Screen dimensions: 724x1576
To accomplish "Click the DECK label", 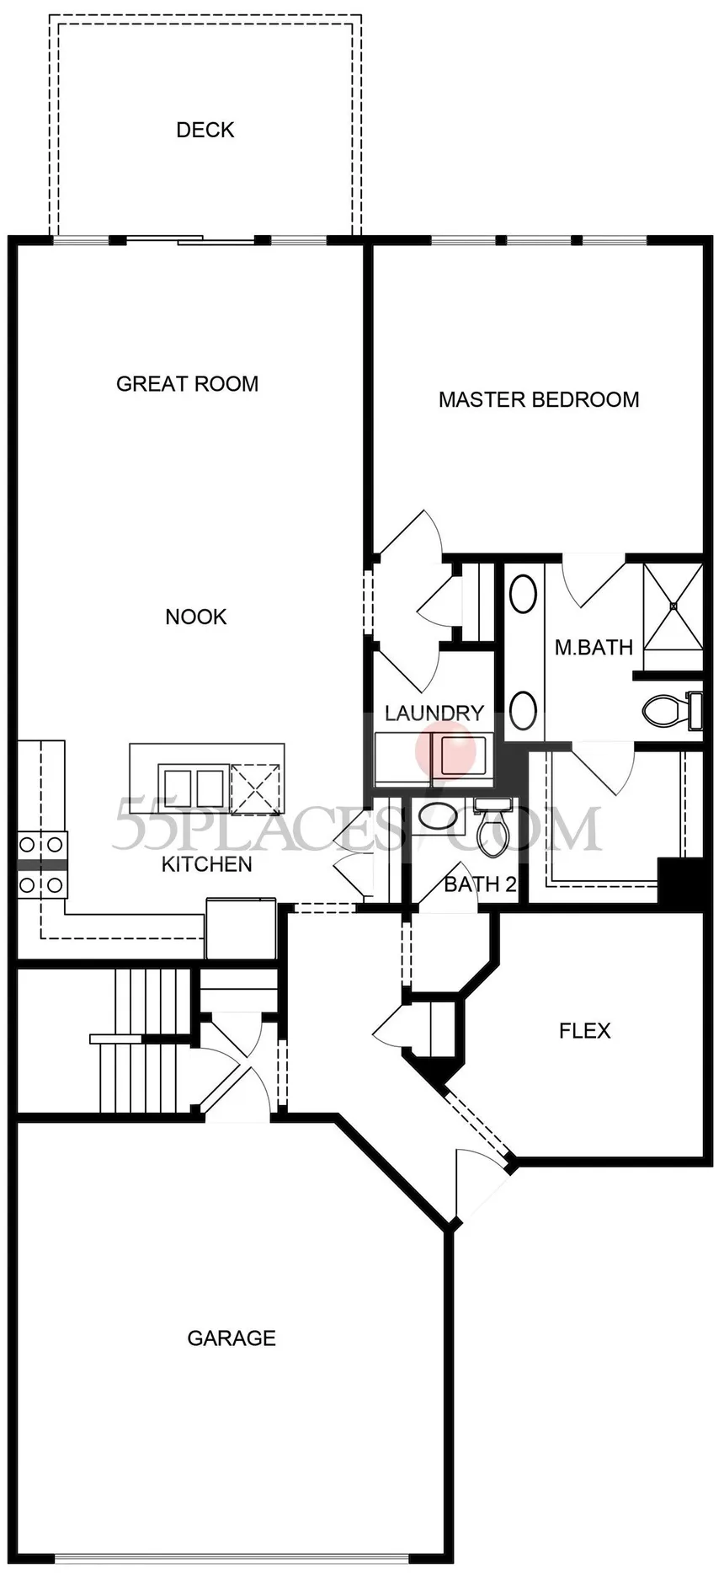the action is coord(205,130).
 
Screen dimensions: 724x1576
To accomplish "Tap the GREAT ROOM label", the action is coord(187,384).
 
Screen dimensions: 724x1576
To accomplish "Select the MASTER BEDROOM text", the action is coord(539,399).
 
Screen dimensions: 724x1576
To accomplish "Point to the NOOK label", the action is coord(196,617).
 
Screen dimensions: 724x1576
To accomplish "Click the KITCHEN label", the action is coord(206,864).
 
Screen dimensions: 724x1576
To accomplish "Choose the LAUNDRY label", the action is coord(434,713).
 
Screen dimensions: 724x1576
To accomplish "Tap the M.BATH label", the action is coord(594,648).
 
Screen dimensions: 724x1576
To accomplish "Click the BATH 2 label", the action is coord(480,884).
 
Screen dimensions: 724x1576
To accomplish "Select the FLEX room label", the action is coord(585,1030).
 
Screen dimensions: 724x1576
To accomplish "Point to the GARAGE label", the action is coord(232,1338).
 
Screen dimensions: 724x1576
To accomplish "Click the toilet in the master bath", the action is coord(672,710).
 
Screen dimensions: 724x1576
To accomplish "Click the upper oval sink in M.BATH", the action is coord(524,594).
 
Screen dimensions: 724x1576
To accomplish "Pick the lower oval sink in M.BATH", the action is coord(524,711).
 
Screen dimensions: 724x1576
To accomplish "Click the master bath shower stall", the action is coord(673,606).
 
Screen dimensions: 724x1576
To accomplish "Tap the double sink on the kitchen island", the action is coord(193,788).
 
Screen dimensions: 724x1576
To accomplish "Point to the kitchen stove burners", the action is coord(42,863).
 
